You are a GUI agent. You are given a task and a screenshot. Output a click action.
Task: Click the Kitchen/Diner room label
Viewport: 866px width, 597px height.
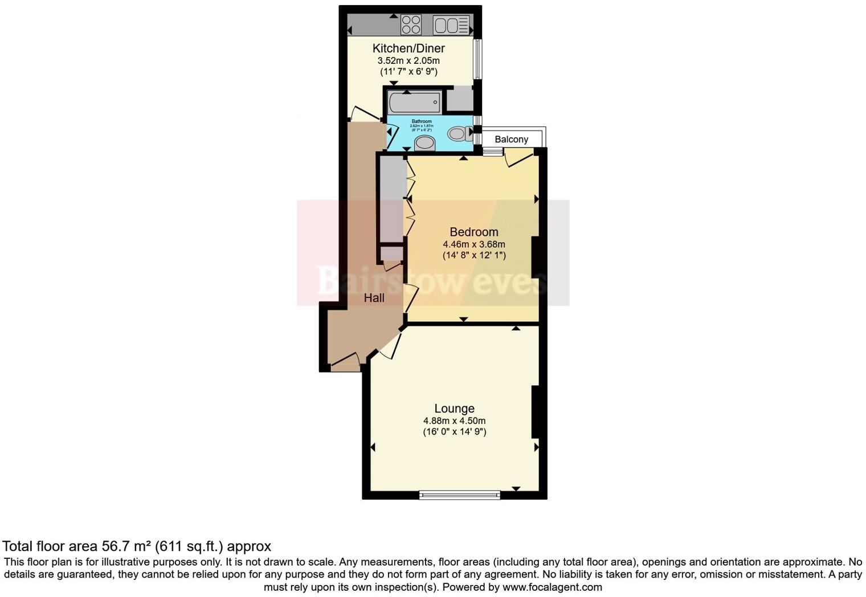pyautogui.click(x=408, y=48)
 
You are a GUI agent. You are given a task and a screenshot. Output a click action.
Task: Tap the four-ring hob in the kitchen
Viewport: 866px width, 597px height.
pyautogui.click(x=411, y=25)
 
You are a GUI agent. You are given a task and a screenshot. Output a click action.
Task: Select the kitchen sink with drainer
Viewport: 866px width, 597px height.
pyautogui.click(x=451, y=25)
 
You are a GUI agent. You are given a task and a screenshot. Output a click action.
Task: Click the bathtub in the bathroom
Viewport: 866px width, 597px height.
pyautogui.click(x=415, y=103)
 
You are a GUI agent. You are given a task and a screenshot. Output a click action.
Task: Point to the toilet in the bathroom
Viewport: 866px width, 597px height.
pyautogui.click(x=458, y=134)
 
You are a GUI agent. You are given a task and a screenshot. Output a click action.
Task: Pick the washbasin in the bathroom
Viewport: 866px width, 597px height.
pyautogui.click(x=424, y=143)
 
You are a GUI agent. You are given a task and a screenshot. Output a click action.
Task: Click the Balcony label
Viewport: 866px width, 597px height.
pyautogui.click(x=511, y=140)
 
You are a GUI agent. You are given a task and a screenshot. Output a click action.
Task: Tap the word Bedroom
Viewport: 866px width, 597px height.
pyautogui.click(x=473, y=232)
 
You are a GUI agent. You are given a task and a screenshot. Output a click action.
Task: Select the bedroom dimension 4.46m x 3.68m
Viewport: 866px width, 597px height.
pyautogui.click(x=473, y=244)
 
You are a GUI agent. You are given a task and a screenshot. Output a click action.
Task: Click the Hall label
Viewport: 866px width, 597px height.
pyautogui.click(x=374, y=298)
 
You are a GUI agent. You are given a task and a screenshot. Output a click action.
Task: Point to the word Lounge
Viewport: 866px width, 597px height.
pyautogui.click(x=454, y=408)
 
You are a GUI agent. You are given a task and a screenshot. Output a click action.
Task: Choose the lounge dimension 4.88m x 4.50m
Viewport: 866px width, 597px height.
pyautogui.click(x=454, y=421)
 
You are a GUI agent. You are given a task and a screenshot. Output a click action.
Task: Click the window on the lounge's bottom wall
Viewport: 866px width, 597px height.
pyautogui.click(x=460, y=495)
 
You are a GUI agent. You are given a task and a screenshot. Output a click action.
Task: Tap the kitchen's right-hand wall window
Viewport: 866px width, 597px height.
pyautogui.click(x=478, y=59)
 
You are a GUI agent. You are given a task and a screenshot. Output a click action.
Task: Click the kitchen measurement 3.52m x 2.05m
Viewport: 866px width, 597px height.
pyautogui.click(x=408, y=60)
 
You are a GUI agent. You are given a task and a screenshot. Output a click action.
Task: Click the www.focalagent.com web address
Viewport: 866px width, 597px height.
pyautogui.click(x=552, y=587)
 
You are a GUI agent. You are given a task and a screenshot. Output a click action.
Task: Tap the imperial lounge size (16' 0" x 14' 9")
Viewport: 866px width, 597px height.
pyautogui.click(x=454, y=432)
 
